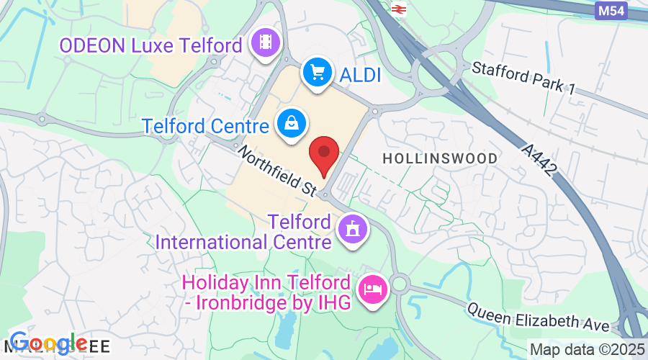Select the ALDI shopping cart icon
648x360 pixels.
point(316,73)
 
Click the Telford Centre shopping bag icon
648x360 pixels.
point(291,124)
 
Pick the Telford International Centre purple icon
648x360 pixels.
point(352,230)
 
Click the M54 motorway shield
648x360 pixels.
point(612,11)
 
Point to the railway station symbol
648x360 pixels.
point(398,8)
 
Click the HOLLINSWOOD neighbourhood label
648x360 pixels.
point(439,158)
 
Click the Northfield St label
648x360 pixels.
point(276,171)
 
